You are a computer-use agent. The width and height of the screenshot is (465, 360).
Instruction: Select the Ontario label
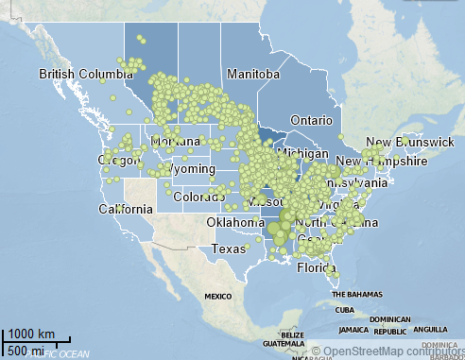310,121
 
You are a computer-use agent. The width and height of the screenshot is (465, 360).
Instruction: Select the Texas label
228,249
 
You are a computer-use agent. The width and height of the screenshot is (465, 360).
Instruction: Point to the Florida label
317,267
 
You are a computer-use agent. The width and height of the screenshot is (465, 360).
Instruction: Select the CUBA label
344,310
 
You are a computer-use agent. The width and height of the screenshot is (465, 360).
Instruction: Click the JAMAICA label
354,330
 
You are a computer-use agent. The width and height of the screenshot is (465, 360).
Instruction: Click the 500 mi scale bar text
24,351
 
